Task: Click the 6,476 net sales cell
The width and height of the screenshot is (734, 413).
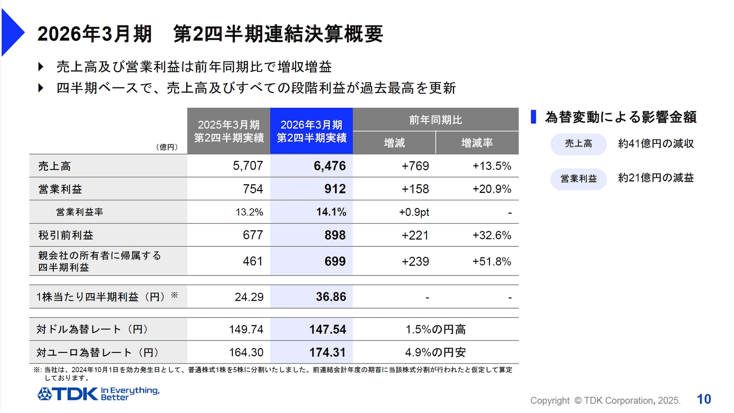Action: coord(329,166)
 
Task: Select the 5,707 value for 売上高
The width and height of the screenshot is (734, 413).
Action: coord(248,166)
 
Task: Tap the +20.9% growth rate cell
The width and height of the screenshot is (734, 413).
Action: coord(491,189)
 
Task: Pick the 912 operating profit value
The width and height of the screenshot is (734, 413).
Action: coord(335,189)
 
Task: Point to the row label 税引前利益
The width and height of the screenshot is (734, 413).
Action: coord(66,235)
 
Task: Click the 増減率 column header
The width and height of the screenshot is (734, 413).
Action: coord(477,143)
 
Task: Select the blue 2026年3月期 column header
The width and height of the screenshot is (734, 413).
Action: coord(311,131)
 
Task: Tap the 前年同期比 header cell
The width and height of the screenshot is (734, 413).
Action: coord(435,120)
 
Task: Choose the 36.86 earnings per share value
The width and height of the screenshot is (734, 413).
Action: coord(330,297)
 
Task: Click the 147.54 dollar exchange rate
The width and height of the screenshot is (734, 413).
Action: coord(328,329)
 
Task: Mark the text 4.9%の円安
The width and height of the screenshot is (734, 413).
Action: coord(435,352)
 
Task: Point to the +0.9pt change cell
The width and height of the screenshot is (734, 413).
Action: coord(414,212)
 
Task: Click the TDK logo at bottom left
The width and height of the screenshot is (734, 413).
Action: coord(68,394)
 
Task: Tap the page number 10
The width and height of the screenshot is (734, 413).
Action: coord(704,399)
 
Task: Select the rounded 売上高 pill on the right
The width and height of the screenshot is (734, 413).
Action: coord(578,144)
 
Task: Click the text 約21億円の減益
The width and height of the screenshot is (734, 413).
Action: coord(656,178)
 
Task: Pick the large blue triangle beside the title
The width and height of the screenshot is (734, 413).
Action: coord(12,32)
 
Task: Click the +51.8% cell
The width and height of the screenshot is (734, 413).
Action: coord(491,261)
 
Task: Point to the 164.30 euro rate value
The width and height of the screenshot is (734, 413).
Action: coord(246,352)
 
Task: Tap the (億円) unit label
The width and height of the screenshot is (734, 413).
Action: coord(167,147)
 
